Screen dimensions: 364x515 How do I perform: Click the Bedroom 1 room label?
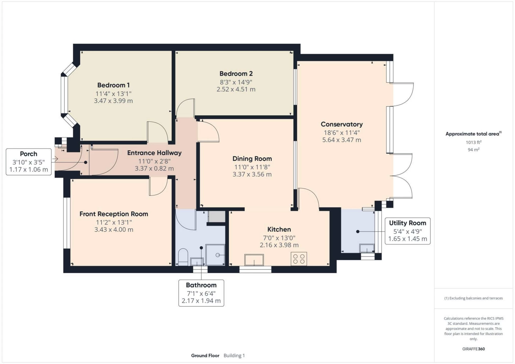[113, 85]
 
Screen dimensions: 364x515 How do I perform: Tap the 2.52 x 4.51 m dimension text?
[236, 89]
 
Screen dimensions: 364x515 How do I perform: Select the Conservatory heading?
[341, 124]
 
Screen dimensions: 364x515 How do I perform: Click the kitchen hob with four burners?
[299, 259]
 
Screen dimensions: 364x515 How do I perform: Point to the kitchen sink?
[254, 260]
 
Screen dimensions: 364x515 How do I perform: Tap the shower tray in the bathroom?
[215, 255]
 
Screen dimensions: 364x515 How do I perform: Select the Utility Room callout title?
[407, 223]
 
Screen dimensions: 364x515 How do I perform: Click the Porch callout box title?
[28, 154]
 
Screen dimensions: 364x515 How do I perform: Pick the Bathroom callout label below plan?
[201, 285]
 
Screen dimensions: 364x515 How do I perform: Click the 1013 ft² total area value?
[473, 142]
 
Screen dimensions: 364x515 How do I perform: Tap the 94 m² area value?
[473, 150]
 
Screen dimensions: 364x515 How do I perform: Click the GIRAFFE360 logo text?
[473, 349]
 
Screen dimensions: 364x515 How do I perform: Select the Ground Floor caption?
[205, 356]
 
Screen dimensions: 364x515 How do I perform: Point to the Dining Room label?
[252, 159]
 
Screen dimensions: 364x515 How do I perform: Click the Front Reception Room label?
[114, 214]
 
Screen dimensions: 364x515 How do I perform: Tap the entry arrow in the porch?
[55, 159]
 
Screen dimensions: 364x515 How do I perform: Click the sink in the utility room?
[367, 248]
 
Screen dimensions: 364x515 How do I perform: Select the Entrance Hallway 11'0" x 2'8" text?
[154, 161]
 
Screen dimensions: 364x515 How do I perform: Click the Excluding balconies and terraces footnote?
[473, 298]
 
